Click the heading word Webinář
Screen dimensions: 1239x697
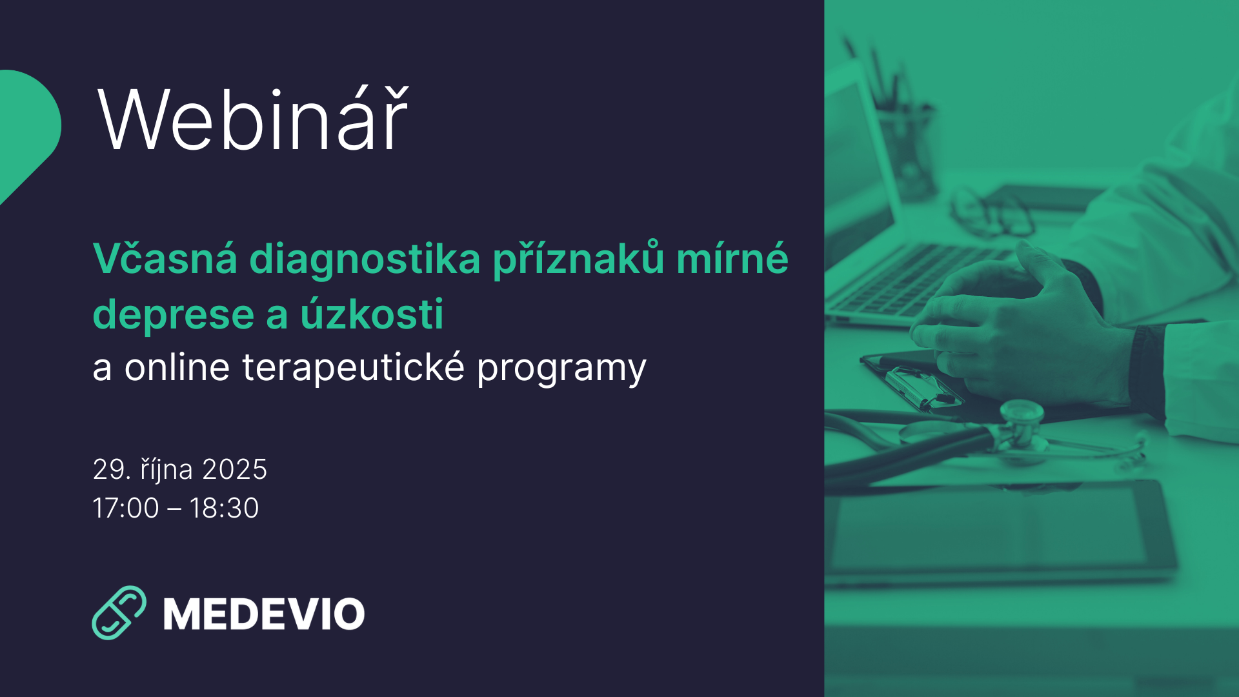[x=252, y=119]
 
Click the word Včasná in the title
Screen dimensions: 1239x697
[x=165, y=259]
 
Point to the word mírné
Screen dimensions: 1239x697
[x=732, y=258]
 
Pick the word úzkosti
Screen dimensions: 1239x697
[x=372, y=314]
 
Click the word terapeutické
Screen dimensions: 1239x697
[x=353, y=368]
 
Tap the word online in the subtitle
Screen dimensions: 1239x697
[x=177, y=367]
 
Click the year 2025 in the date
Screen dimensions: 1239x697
[x=234, y=469]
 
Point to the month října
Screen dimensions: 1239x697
[x=166, y=470]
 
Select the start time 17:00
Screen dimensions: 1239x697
[x=126, y=508]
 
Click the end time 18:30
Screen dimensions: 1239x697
[x=224, y=508]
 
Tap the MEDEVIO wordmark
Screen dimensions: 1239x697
[x=264, y=614]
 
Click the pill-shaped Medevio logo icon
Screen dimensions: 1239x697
[x=119, y=612]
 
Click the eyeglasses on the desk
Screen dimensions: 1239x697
[x=991, y=210]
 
